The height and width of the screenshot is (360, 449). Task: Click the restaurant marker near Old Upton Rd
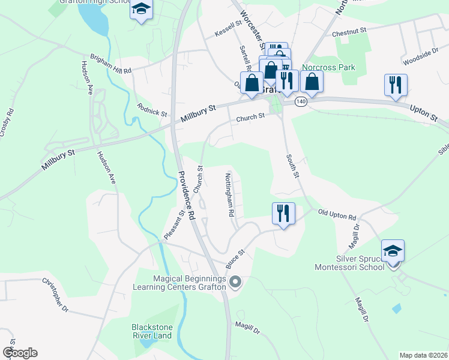283,213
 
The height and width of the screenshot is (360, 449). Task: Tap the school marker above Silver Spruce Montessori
393,250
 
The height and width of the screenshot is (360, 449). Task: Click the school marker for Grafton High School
141,10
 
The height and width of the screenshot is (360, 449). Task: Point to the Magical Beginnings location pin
235,281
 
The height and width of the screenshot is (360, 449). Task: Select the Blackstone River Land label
152,331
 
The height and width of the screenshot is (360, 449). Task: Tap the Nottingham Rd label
229,195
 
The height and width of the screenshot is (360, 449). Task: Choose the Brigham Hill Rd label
110,64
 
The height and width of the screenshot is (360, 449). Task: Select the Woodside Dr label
417,57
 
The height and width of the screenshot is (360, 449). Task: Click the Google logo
19,353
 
